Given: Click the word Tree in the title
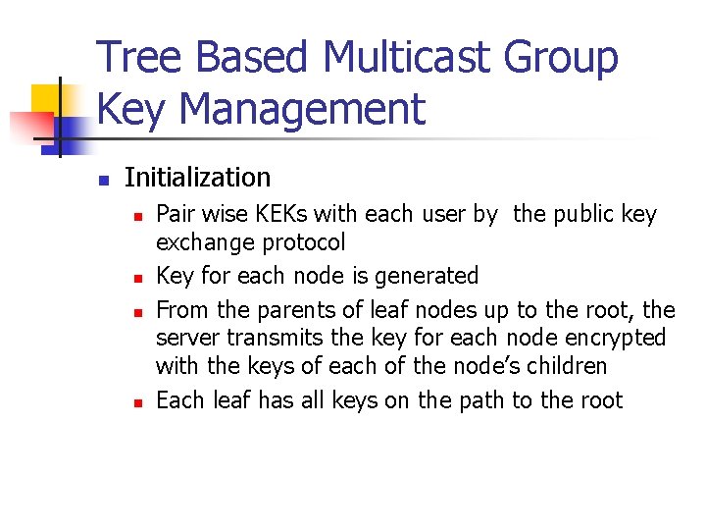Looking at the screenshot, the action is [136, 58].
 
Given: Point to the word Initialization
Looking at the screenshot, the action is [197, 178].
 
